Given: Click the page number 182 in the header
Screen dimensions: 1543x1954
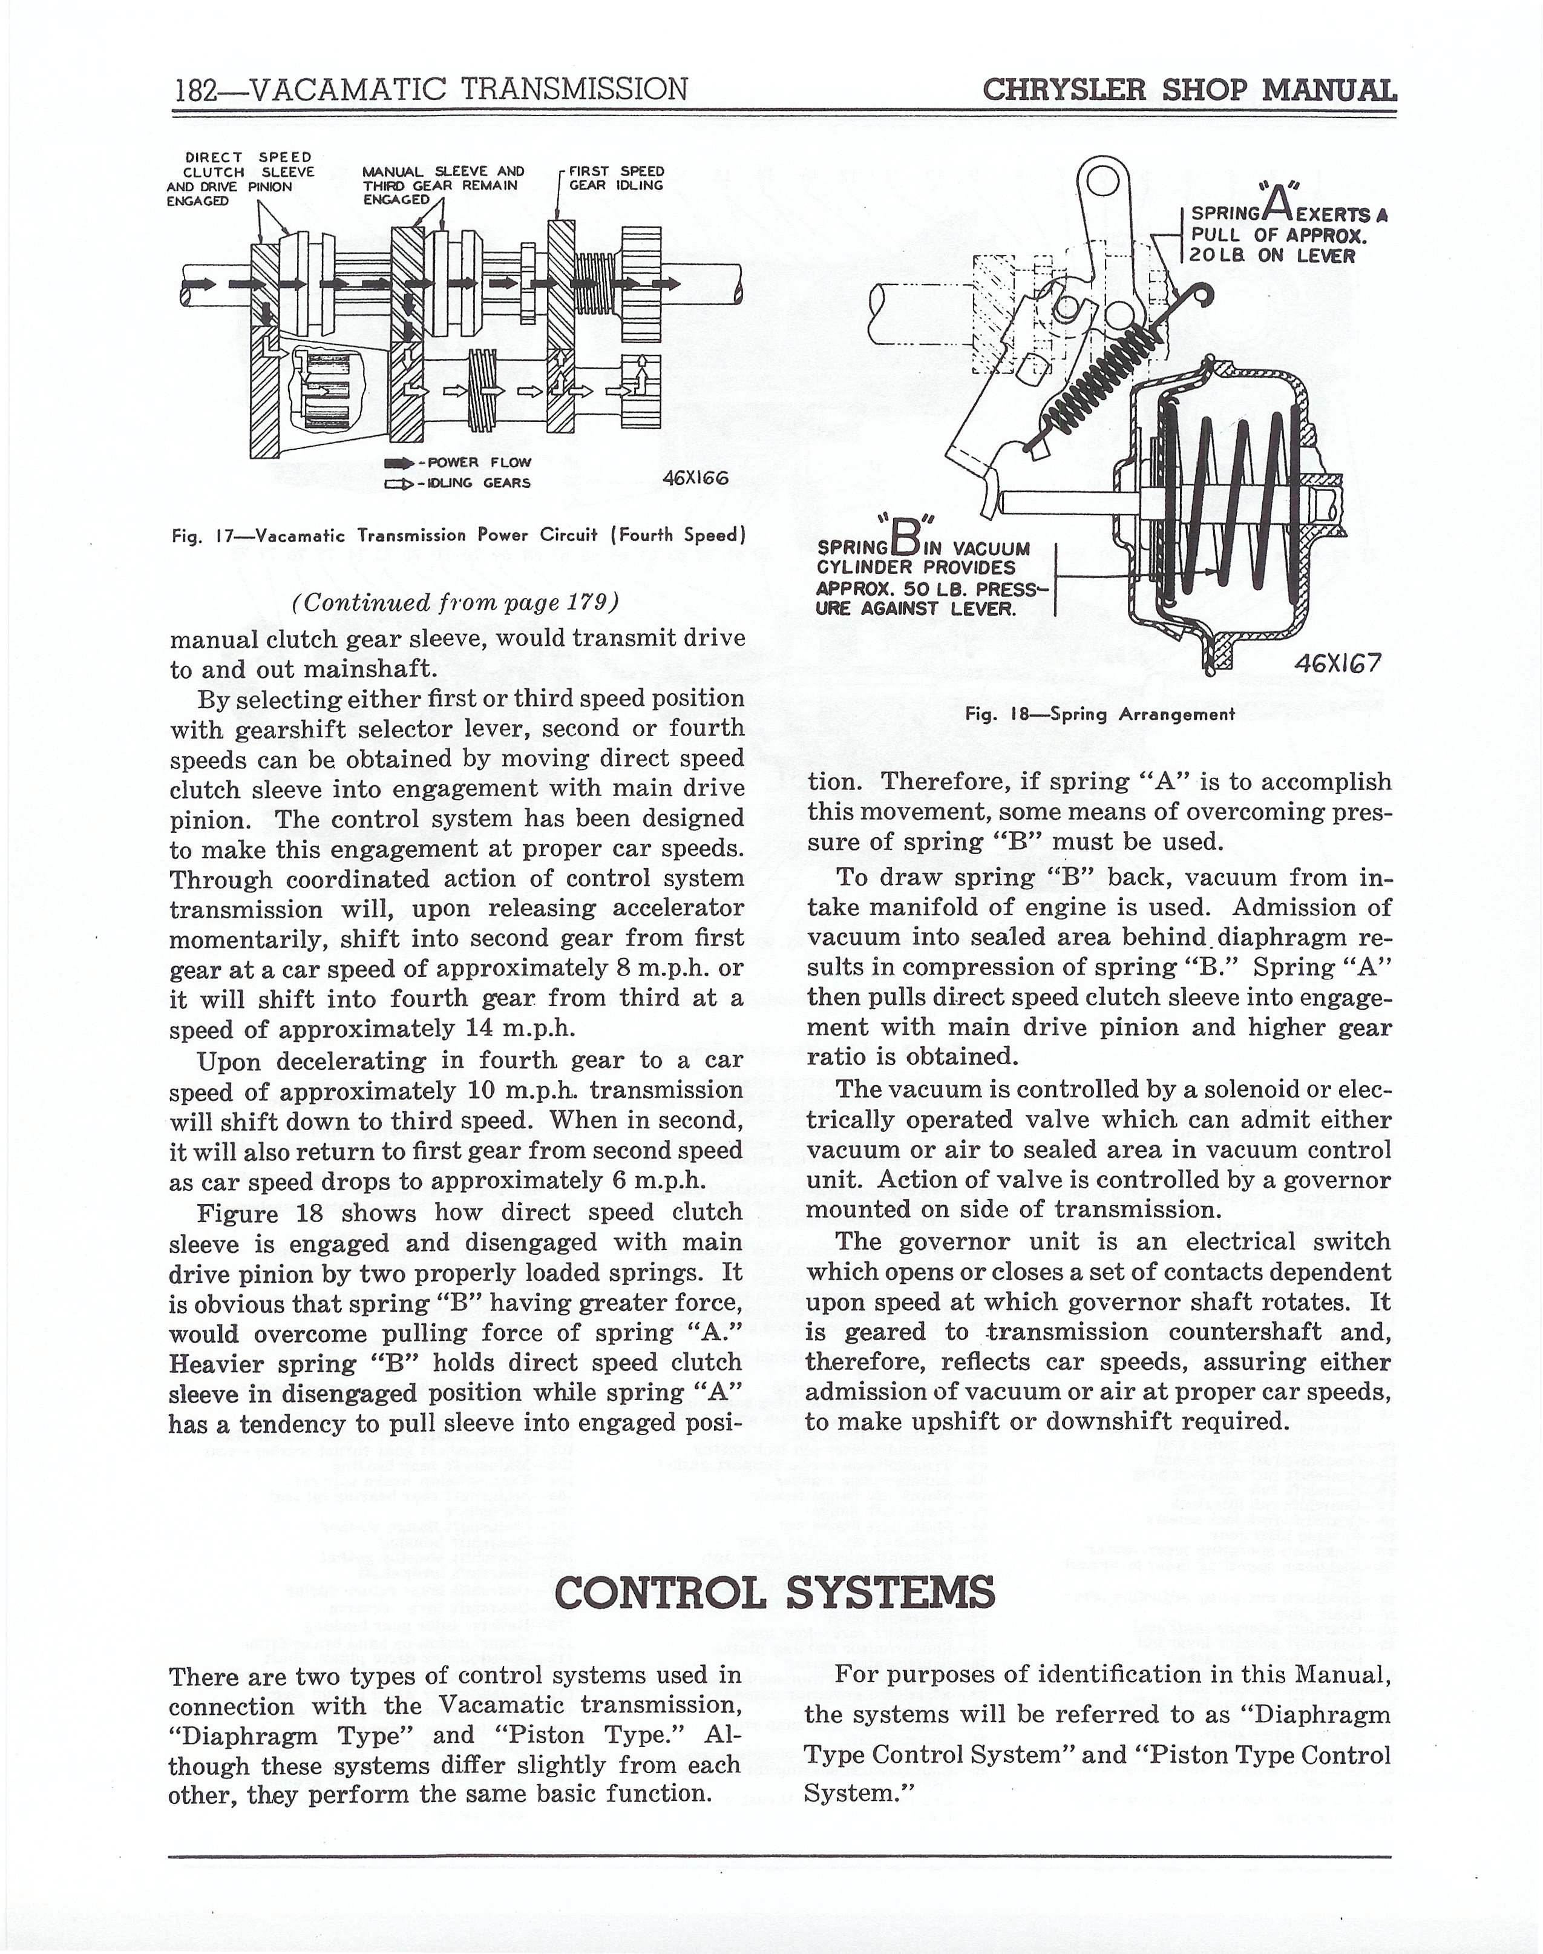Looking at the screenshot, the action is pyautogui.click(x=197, y=90).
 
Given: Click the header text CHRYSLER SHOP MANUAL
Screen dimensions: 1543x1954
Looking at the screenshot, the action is pyautogui.click(x=1189, y=90).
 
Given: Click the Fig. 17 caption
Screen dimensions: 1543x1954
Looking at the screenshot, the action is pyautogui.click(x=458, y=535).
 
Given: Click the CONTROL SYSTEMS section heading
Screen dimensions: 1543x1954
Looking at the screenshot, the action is pyautogui.click(x=775, y=1591).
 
